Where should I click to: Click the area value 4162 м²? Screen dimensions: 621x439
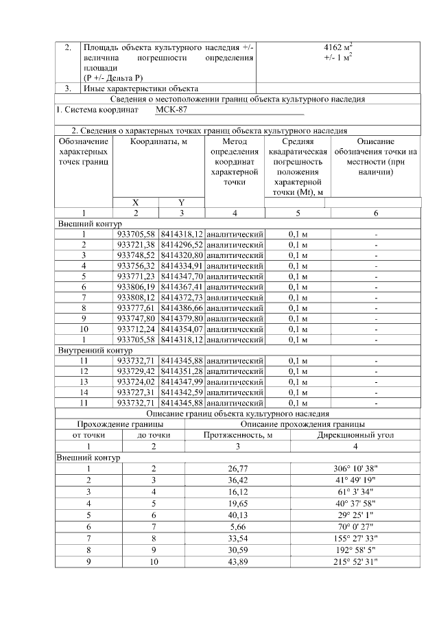337,48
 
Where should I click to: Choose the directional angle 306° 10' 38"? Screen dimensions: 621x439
355,469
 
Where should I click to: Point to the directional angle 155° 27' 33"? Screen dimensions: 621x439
355,539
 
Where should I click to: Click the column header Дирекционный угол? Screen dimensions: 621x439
355,435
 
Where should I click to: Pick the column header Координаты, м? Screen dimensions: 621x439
158,141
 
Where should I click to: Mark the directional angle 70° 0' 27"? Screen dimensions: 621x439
355,527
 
